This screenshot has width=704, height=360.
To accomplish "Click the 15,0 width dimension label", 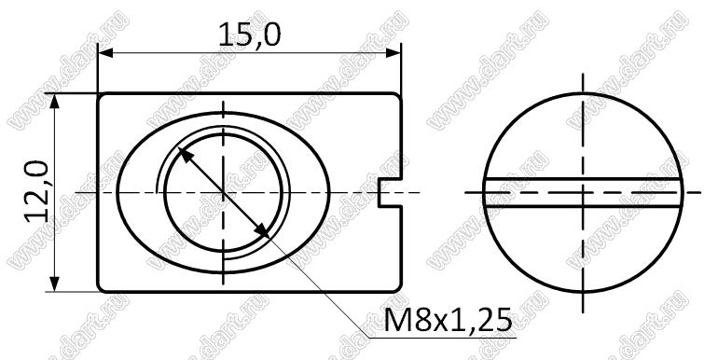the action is (x=250, y=35).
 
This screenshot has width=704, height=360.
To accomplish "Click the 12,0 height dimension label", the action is (x=36, y=192).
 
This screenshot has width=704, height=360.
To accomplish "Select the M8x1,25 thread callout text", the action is (x=448, y=320).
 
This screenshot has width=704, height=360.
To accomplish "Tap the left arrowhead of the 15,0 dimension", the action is (x=105, y=53).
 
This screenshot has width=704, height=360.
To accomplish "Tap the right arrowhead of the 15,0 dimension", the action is (x=393, y=53).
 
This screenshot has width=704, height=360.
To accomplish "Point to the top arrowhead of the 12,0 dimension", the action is (x=54, y=102).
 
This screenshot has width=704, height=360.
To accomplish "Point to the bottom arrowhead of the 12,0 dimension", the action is (x=54, y=284).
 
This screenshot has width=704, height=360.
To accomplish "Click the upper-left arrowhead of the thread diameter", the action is (x=186, y=155).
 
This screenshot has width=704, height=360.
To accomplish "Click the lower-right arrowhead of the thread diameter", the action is (x=261, y=230).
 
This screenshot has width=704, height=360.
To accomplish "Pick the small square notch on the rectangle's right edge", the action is (x=390, y=192).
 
